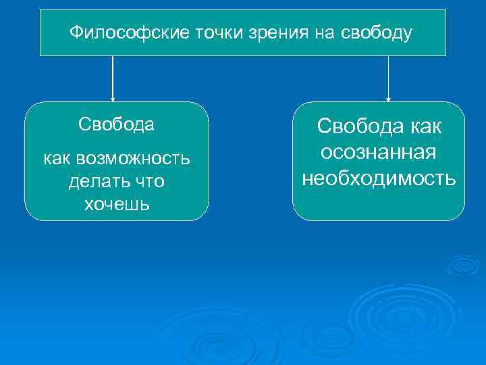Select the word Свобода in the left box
116,125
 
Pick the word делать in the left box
92,182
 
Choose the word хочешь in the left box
116,204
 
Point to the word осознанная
379,153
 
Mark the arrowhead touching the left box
113,98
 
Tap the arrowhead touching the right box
388,98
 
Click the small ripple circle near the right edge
462,265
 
